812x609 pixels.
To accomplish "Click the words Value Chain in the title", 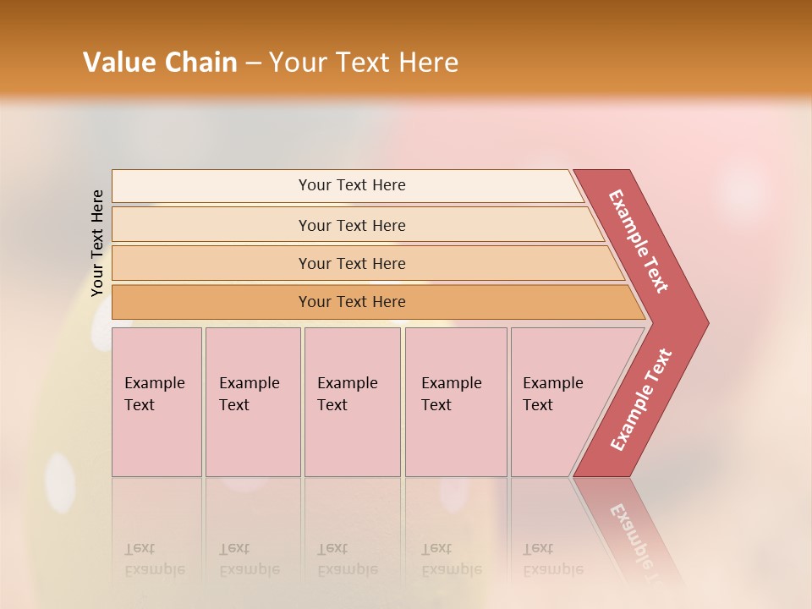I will tap(160, 63).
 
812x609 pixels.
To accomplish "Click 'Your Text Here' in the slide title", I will tap(364, 63).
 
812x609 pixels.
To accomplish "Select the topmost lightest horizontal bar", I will tap(352, 185).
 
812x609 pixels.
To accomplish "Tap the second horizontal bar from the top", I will tap(352, 225).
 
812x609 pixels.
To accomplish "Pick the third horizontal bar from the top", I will tap(352, 263).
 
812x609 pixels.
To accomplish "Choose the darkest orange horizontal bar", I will tap(352, 302).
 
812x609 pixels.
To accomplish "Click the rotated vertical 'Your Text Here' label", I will tap(97, 243).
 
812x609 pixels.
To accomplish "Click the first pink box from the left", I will tap(156, 402).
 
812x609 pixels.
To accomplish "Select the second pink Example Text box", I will tap(252, 402).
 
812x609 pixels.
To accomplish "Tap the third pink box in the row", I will tap(352, 402).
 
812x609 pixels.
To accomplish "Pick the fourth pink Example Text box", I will tap(456, 402).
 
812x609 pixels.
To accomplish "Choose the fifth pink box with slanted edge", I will tap(558, 402).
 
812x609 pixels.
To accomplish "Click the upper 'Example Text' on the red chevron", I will tap(639, 241).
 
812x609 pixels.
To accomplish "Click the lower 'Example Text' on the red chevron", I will tap(641, 400).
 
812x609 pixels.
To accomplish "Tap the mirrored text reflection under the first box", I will tap(155, 559).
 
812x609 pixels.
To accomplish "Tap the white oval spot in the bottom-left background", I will tap(60, 482).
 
